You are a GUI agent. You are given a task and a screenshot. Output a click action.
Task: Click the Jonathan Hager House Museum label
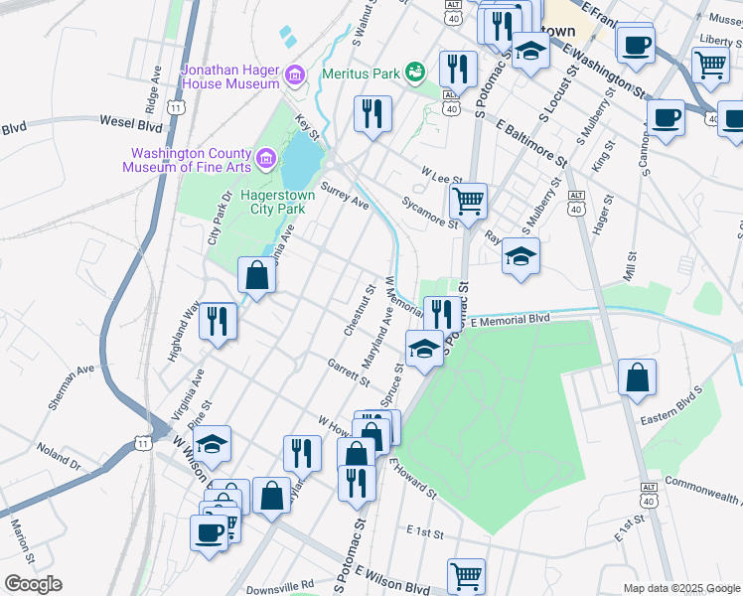tap(229, 76)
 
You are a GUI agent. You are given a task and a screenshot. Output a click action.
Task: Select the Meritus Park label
tap(360, 74)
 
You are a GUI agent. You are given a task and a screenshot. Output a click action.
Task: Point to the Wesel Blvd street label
tap(130, 123)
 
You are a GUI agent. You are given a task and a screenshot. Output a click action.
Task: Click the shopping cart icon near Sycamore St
tap(468, 201)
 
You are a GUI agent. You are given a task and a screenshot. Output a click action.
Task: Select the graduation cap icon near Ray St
tap(520, 257)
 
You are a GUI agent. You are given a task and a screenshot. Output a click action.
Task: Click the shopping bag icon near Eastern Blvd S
tap(637, 378)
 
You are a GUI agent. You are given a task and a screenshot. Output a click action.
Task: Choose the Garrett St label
tap(348, 372)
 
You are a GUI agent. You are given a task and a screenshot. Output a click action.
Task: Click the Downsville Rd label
tap(280, 586)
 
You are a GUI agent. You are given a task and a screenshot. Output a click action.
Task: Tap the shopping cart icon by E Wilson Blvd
tap(465, 575)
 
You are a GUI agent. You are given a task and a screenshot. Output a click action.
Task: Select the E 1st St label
tap(424, 533)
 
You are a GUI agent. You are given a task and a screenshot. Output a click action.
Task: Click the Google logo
tap(33, 584)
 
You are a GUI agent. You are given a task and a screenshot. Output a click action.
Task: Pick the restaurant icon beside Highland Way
tap(218, 322)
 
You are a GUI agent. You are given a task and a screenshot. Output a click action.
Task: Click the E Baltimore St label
tap(530, 145)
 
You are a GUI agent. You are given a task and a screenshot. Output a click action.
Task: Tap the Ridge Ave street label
tap(152, 89)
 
